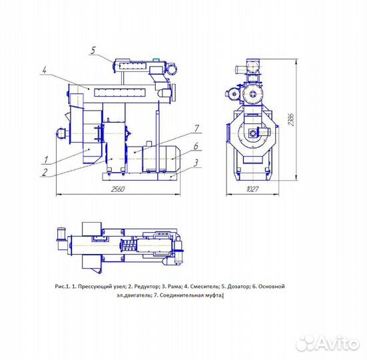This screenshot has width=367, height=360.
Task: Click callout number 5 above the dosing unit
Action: [x=93, y=51]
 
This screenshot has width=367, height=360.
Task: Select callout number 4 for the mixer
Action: [x=45, y=69]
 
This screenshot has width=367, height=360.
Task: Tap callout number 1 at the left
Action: [x=46, y=160]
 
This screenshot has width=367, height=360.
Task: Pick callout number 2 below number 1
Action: [x=44, y=173]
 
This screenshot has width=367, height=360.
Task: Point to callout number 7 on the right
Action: [x=196, y=128]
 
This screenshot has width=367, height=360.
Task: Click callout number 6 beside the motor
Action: [x=196, y=146]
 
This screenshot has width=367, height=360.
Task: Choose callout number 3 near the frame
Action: [x=196, y=163]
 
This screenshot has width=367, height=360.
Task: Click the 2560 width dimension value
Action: [x=118, y=189]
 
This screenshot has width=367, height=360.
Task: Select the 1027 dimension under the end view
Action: [x=252, y=189]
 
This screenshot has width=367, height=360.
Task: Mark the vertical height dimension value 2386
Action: [x=291, y=120]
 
